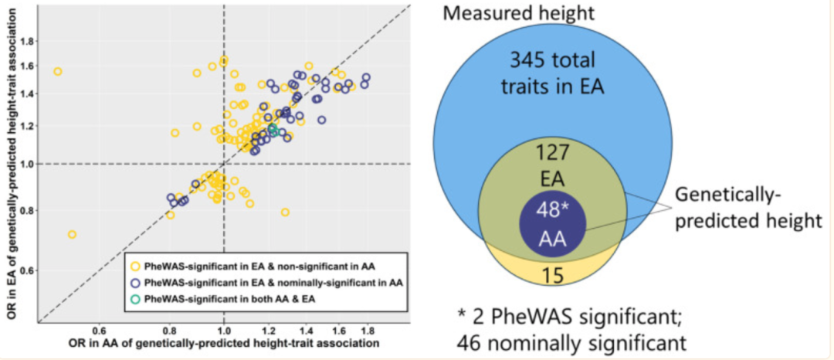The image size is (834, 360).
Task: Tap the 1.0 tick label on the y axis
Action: coord(26,164)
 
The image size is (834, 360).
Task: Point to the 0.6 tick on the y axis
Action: coord(26,271)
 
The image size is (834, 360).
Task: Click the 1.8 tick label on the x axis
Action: coord(366,329)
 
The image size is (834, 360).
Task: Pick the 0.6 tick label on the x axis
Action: coord(99,329)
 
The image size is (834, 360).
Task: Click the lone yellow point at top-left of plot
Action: coord(57,71)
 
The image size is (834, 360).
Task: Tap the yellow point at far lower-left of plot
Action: coord(72,234)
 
